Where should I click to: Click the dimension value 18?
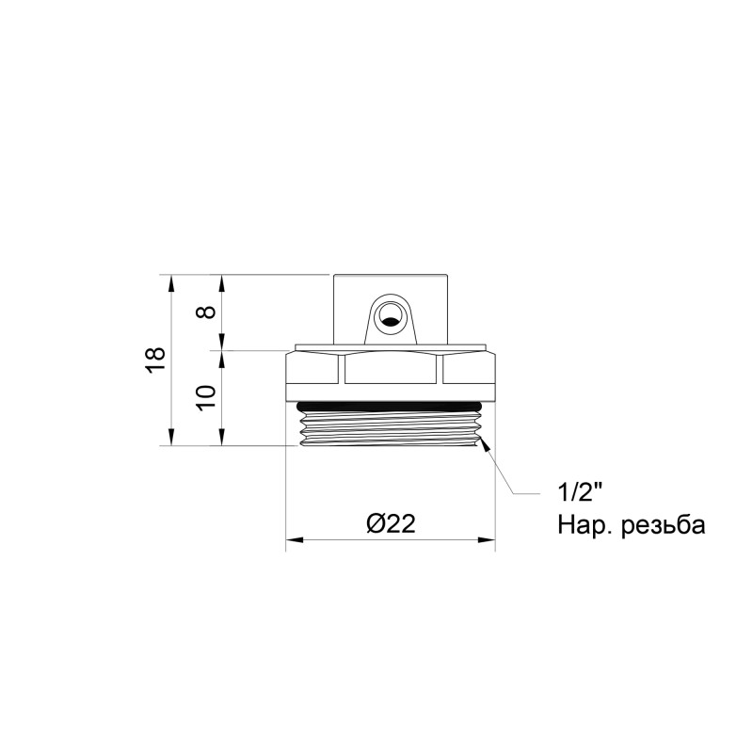(x=156, y=359)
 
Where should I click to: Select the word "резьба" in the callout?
(x=663, y=525)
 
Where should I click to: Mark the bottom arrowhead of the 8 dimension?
(x=222, y=344)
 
